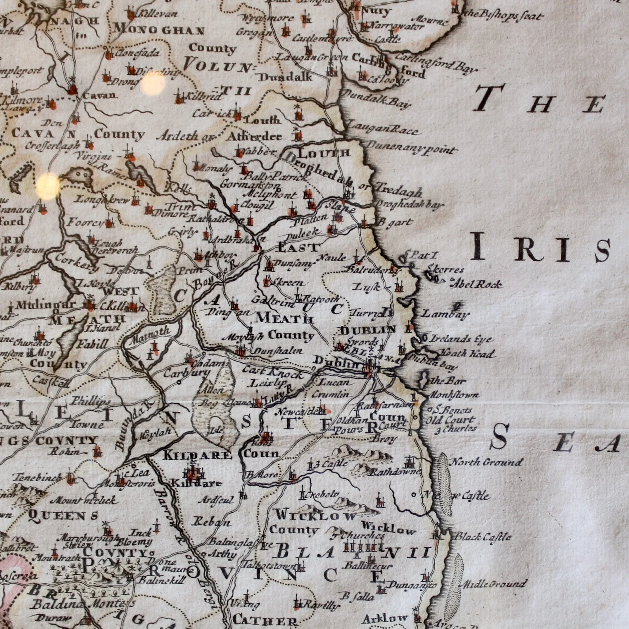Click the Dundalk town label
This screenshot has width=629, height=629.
(x=285, y=77)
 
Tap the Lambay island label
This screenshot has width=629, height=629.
(x=446, y=314)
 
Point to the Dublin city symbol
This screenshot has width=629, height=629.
(x=371, y=367)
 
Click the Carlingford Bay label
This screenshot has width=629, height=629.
(x=437, y=64)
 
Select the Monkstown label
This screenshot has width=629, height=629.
(x=454, y=395)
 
